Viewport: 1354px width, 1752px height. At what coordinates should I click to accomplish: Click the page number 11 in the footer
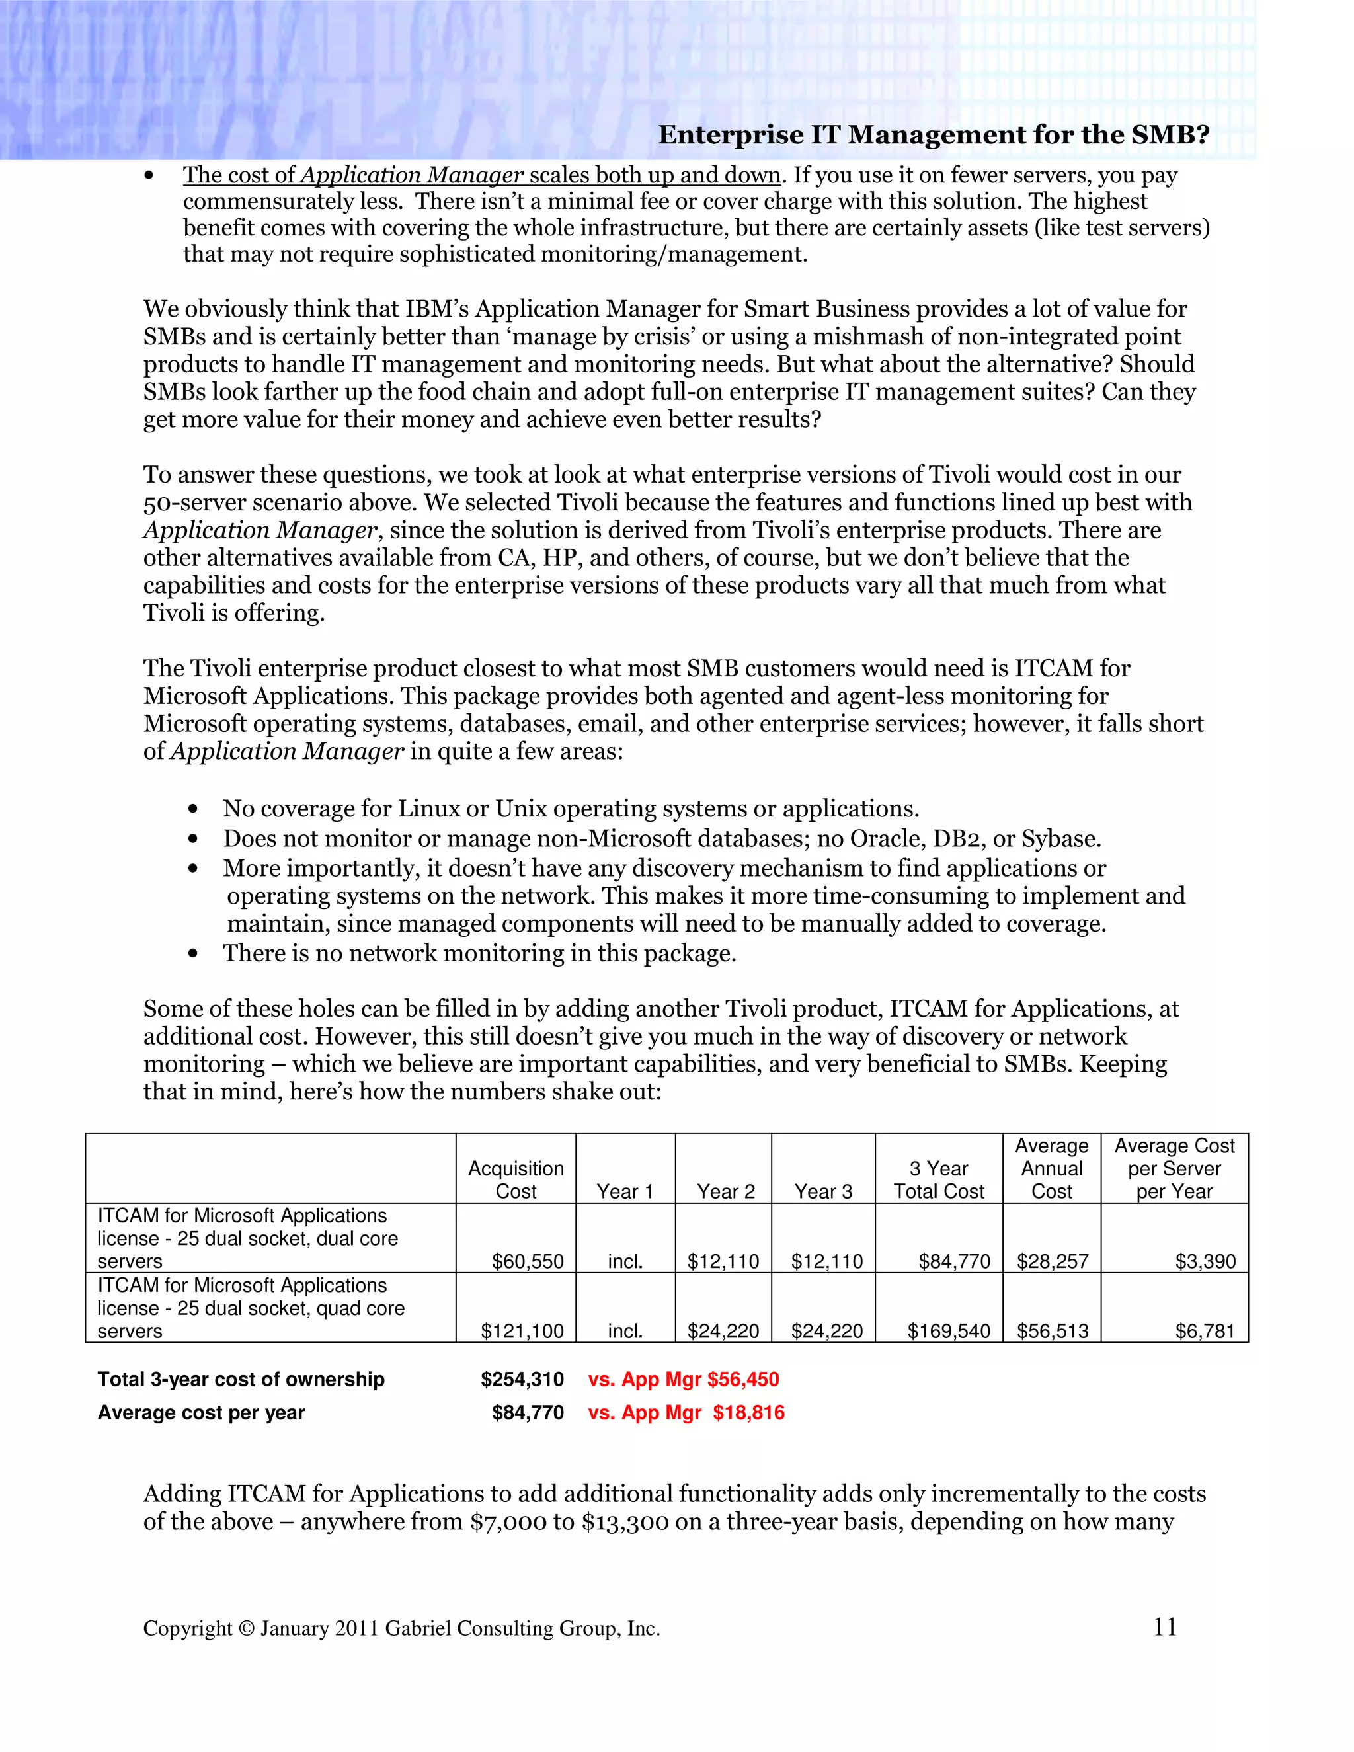[x=1165, y=1627]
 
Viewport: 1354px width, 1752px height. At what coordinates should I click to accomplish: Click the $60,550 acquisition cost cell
[x=527, y=1261]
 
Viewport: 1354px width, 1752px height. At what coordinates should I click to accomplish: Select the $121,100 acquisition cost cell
[x=522, y=1331]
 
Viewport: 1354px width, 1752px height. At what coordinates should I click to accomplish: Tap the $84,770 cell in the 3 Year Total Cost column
[x=954, y=1261]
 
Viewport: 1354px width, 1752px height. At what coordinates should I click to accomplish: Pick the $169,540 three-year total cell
[x=948, y=1331]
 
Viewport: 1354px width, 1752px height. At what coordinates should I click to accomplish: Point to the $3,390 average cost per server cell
[x=1205, y=1261]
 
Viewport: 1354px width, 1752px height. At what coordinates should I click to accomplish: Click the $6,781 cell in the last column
[x=1205, y=1331]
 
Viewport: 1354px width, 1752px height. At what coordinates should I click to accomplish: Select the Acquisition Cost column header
[x=516, y=1179]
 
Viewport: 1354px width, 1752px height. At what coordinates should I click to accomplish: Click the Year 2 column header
[x=725, y=1191]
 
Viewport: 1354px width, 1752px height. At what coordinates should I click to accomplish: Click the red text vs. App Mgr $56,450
[x=684, y=1379]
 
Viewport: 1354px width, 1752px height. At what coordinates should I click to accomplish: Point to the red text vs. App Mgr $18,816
[x=686, y=1412]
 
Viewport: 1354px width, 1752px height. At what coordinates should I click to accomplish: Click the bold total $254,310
[x=522, y=1379]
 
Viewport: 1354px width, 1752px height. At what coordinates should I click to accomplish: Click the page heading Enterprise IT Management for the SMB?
[x=933, y=135]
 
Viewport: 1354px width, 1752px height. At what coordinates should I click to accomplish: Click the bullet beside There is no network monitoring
[x=192, y=954]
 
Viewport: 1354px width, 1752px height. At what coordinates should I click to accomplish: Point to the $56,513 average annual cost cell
[x=1052, y=1331]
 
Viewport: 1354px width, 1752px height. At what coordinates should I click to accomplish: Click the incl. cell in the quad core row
[x=625, y=1331]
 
